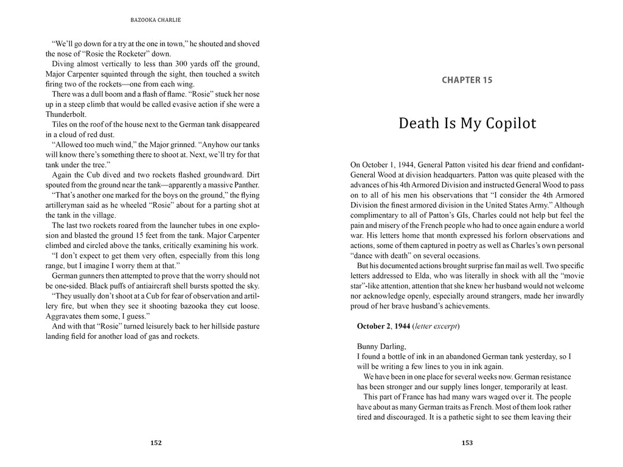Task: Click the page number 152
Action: click(x=156, y=443)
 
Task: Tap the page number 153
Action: click(x=467, y=443)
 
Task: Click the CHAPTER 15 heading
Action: click(x=467, y=80)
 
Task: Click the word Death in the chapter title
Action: click(x=419, y=123)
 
